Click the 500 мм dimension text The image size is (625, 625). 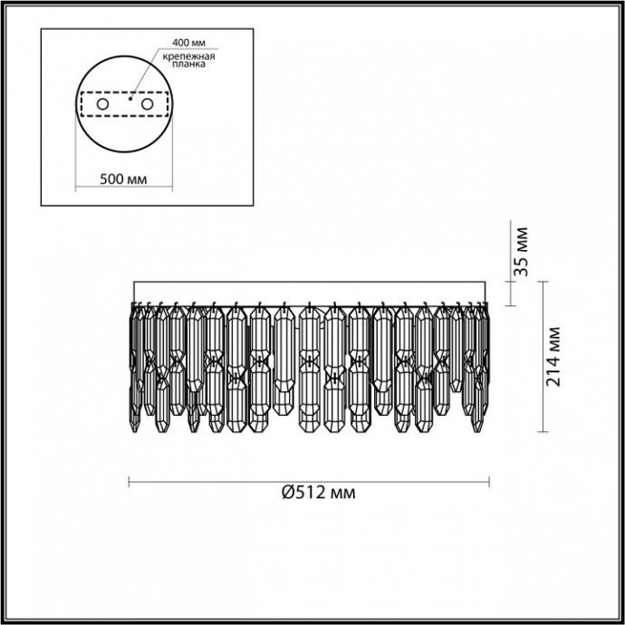click(121, 179)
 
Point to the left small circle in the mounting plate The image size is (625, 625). click(102, 105)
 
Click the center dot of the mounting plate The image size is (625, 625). click(130, 100)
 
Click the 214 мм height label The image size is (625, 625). click(554, 356)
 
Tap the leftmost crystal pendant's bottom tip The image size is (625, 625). click(136, 429)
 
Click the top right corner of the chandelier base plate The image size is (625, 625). click(488, 282)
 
